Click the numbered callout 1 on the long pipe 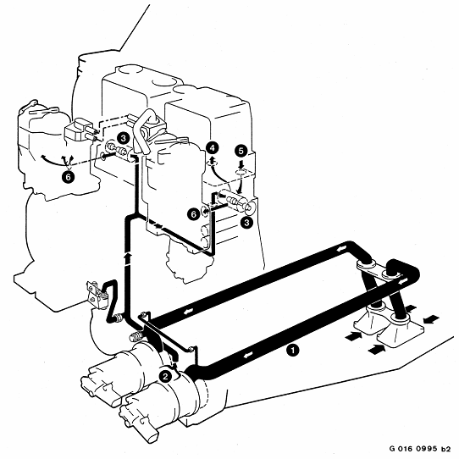[293, 350]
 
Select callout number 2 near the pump [165, 376]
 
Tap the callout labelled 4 [213, 148]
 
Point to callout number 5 [241, 152]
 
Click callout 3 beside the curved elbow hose [123, 138]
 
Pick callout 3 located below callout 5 [246, 223]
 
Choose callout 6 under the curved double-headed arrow [69, 177]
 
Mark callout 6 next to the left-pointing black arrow [194, 214]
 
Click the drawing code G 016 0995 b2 [420, 449]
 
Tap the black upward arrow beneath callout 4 [213, 161]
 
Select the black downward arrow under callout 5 [241, 164]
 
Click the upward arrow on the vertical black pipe [127, 258]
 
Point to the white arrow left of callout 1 [247, 355]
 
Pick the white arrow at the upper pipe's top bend [341, 249]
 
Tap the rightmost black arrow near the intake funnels [432, 319]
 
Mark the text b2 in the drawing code [446, 449]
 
